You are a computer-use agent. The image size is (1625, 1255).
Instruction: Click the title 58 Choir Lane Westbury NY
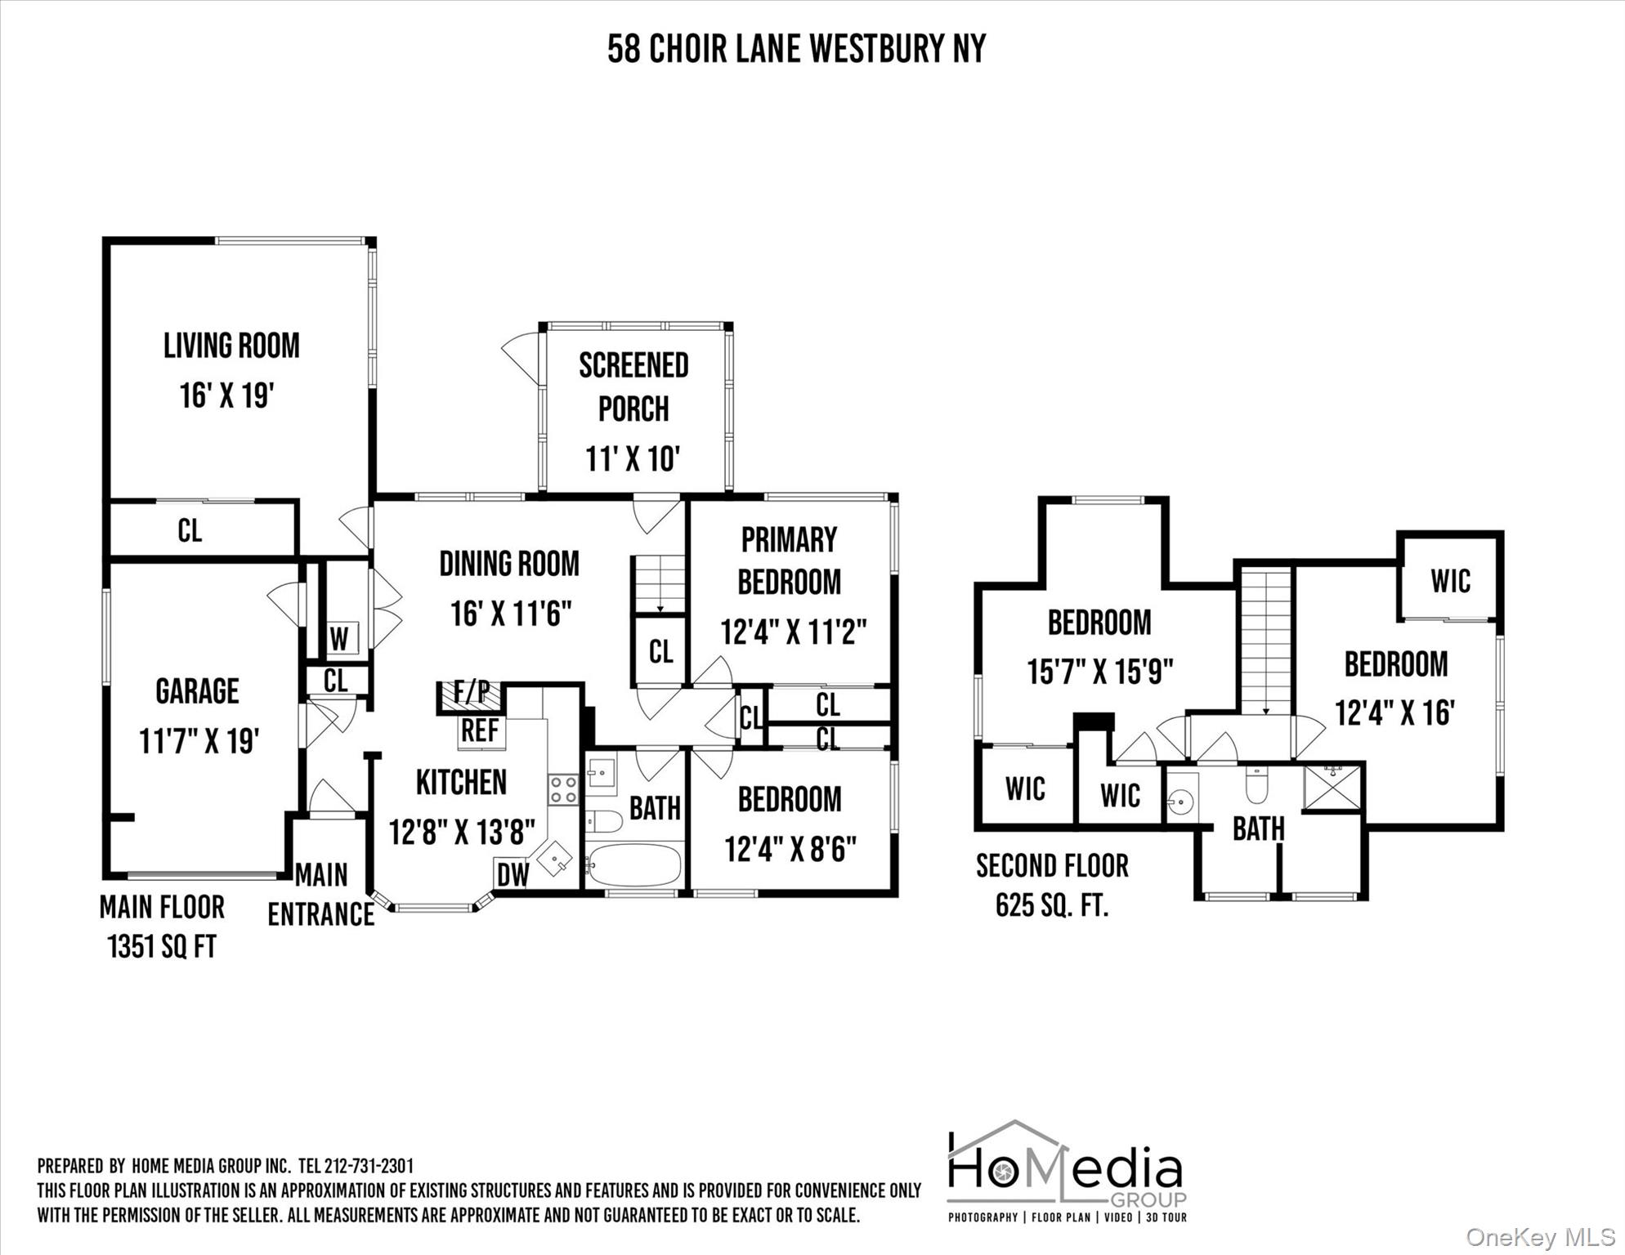796,49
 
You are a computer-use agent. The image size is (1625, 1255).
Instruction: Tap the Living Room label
231,346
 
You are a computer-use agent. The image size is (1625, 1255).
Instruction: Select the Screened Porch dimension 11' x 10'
633,458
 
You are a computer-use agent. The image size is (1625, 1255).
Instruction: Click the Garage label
197,691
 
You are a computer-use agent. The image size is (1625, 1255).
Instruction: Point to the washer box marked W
339,638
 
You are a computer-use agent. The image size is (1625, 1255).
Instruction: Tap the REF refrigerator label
480,730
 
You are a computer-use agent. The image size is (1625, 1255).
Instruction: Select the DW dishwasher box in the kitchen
513,874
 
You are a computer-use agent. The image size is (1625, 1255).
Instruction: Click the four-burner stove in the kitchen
563,789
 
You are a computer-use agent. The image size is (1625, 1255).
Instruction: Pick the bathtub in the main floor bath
634,865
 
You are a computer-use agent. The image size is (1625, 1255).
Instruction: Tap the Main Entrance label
321,895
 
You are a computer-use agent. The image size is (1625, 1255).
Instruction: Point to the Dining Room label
509,564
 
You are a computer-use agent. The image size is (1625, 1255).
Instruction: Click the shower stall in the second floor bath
1333,787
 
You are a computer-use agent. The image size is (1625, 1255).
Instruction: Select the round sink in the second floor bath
1180,802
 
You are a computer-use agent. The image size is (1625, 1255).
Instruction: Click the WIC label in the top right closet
1450,582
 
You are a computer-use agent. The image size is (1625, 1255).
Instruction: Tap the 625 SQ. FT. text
1052,905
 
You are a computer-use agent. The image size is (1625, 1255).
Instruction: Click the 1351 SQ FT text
162,947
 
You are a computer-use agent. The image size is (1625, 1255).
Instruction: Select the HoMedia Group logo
1067,1172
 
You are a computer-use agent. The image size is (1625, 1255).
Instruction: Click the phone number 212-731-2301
369,1166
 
